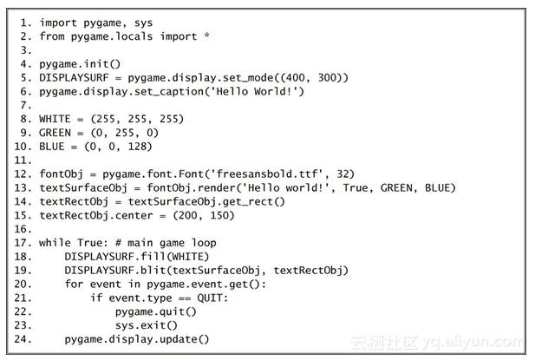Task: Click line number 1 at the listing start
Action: coord(24,22)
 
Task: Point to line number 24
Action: coord(23,339)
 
